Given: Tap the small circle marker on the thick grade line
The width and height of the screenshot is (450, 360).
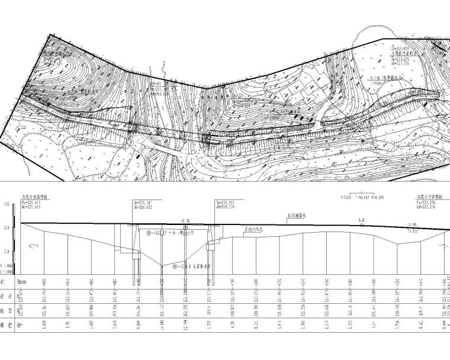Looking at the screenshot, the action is point(362,226).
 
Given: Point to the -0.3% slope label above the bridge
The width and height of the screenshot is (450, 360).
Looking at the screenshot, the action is point(188,220).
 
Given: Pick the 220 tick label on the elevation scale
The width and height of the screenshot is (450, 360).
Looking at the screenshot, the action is point(7,204).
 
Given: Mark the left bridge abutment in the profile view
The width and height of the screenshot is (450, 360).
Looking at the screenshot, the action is point(136,242).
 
